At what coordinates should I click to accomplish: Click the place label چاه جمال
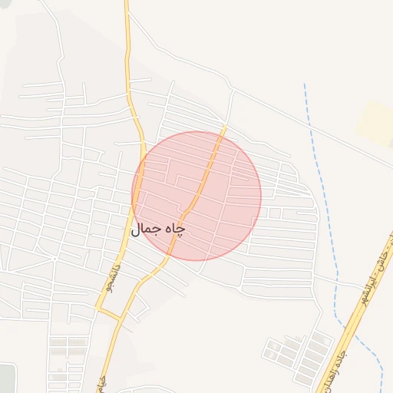159,230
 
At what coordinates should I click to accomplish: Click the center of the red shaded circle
196,196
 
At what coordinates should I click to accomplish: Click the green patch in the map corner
6,378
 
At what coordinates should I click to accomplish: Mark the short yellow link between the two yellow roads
108,312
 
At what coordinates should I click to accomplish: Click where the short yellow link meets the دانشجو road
97,309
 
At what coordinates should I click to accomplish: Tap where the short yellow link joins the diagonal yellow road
120,318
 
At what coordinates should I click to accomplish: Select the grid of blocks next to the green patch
68,361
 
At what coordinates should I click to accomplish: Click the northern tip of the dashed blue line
305,84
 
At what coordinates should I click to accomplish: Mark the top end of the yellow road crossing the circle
226,127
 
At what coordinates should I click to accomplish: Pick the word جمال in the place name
148,230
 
